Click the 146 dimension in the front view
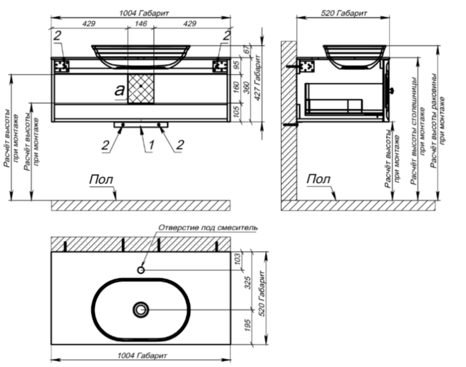140,24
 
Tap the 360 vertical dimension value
247,89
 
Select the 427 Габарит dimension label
256,82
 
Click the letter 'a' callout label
119,90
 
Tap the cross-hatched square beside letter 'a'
140,88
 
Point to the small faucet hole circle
141,270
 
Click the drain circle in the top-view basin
141,310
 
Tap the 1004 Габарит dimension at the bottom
141,355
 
